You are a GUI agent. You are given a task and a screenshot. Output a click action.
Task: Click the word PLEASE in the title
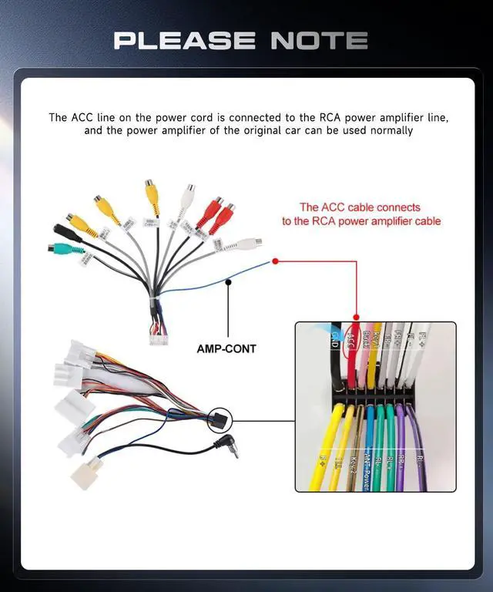[x=185, y=40]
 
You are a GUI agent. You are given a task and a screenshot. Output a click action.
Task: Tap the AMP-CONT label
[x=226, y=348]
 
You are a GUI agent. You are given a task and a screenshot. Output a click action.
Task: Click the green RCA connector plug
[x=55, y=249]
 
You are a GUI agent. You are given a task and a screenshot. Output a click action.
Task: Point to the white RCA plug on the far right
[x=250, y=244]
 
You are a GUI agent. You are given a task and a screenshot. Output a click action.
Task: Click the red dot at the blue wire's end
[x=275, y=261]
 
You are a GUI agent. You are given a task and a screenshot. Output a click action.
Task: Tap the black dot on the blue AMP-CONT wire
[x=228, y=282]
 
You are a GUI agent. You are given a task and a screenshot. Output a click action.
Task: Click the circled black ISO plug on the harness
[x=220, y=420]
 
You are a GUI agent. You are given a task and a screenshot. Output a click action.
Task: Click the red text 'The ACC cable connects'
[x=360, y=207]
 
